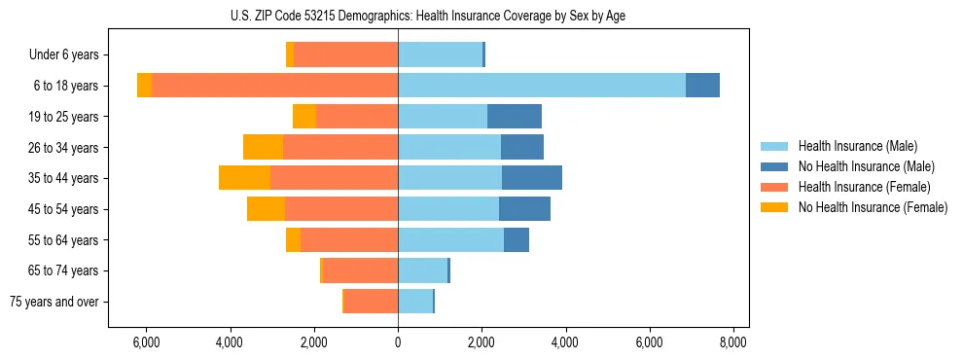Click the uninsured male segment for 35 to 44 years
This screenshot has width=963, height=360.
[532, 178]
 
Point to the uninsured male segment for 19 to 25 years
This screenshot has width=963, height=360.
[515, 117]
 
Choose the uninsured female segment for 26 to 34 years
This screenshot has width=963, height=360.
[263, 147]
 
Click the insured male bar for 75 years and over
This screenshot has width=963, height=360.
[415, 302]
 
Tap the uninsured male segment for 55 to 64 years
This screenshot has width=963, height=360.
[517, 239]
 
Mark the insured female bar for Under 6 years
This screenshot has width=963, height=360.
[345, 54]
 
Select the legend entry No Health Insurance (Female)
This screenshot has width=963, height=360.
[873, 207]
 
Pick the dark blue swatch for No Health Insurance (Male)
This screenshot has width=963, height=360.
[774, 166]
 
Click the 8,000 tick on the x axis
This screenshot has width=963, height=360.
[732, 342]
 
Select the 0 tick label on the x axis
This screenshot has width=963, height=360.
[398, 342]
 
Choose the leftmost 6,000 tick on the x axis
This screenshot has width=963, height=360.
[145, 342]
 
